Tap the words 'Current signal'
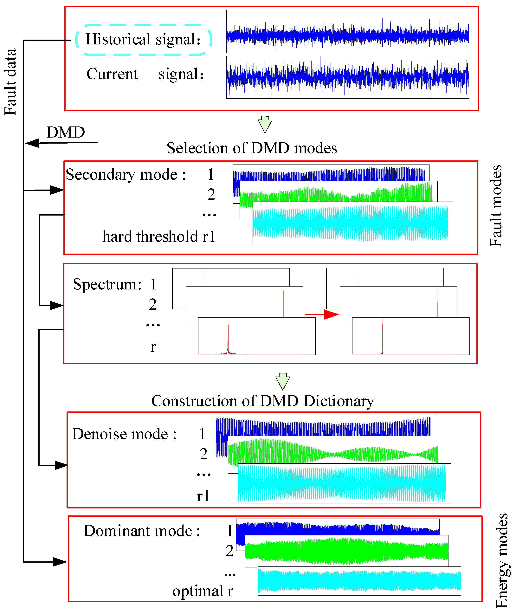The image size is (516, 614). pyautogui.click(x=145, y=74)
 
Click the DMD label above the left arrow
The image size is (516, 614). pyautogui.click(x=66, y=132)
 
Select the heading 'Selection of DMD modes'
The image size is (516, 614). pyautogui.click(x=252, y=148)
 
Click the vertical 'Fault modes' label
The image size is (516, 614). pyautogui.click(x=496, y=206)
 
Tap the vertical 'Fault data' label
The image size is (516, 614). pyautogui.click(x=10, y=82)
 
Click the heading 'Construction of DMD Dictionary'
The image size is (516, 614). pyautogui.click(x=262, y=401)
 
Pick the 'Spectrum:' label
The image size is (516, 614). pyautogui.click(x=107, y=284)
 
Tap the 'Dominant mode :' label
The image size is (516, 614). pyautogui.click(x=142, y=531)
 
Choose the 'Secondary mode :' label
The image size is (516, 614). pyautogui.click(x=126, y=175)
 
